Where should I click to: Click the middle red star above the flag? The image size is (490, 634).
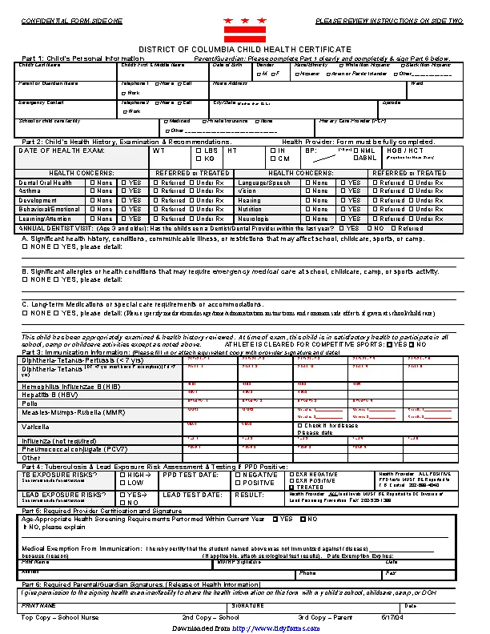[245, 20]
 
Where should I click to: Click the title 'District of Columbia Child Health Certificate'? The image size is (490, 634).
[245, 50]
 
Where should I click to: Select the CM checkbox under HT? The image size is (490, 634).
[272, 158]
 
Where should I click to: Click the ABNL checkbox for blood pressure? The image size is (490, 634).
[356, 158]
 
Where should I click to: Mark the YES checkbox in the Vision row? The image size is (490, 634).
[343, 191]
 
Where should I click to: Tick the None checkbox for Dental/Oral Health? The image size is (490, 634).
[93, 183]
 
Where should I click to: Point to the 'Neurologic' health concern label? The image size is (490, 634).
[254, 218]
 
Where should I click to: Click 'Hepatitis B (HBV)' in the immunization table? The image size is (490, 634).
[50, 395]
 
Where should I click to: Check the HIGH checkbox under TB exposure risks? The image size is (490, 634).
[122, 475]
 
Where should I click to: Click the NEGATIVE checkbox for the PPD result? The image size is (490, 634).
[238, 475]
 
